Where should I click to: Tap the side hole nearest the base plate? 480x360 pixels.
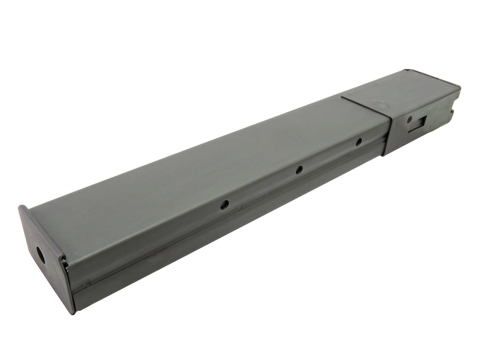[224, 204]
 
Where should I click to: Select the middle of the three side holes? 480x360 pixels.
[299, 170]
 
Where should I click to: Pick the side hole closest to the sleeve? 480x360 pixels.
[359, 142]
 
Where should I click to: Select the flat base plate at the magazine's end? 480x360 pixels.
[43, 258]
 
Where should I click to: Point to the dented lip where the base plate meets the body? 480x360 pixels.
[64, 262]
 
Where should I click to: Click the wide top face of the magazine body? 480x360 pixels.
[202, 167]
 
